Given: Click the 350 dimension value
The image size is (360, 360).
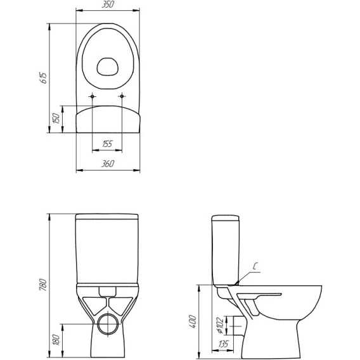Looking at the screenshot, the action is click(x=108, y=4).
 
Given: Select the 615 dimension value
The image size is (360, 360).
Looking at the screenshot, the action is click(x=43, y=78).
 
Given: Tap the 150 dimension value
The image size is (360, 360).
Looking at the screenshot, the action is click(x=56, y=119).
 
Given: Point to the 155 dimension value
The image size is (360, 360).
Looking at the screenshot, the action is click(x=107, y=144).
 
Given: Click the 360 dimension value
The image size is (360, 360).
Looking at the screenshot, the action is click(x=108, y=164).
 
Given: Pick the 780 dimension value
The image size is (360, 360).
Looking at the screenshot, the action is click(x=43, y=285).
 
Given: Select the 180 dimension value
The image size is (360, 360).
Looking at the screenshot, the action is click(x=56, y=340).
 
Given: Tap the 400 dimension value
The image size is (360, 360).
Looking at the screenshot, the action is click(x=193, y=322).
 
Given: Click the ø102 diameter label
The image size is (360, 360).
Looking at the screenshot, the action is click(x=220, y=325).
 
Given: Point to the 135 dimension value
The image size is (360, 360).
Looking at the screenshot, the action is click(x=223, y=344).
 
